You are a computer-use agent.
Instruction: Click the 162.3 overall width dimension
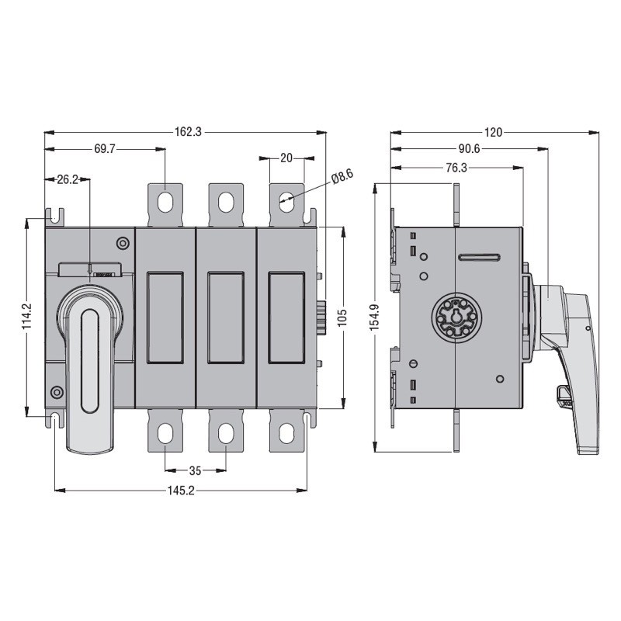[x=186, y=133]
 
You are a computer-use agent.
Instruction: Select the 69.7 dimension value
[x=104, y=149]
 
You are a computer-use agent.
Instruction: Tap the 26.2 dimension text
[x=68, y=179]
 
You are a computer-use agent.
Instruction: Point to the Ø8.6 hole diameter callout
[x=342, y=177]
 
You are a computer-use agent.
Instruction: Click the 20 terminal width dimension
[x=286, y=158]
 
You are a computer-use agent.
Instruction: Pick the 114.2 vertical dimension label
[x=27, y=317]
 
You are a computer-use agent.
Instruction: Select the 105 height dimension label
[x=343, y=317]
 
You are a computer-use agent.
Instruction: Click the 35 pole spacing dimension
[x=195, y=470]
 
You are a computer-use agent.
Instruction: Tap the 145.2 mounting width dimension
[x=180, y=490]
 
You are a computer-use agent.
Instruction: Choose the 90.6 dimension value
[x=469, y=149]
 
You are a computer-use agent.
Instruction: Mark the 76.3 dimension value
[x=456, y=167]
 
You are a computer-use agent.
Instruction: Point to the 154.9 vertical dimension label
[x=375, y=317]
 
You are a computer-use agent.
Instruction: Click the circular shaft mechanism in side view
[x=452, y=318]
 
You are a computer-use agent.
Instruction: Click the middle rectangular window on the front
[x=225, y=317]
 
